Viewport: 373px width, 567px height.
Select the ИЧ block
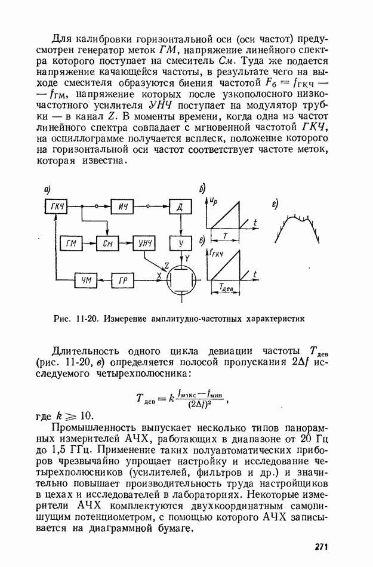click(124, 207)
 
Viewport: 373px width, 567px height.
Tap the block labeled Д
click(180, 207)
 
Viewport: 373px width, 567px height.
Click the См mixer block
click(108, 243)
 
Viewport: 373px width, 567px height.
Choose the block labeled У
click(180, 243)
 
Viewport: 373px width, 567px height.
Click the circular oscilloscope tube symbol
click(180, 278)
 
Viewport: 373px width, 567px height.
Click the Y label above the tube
click(186, 257)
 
